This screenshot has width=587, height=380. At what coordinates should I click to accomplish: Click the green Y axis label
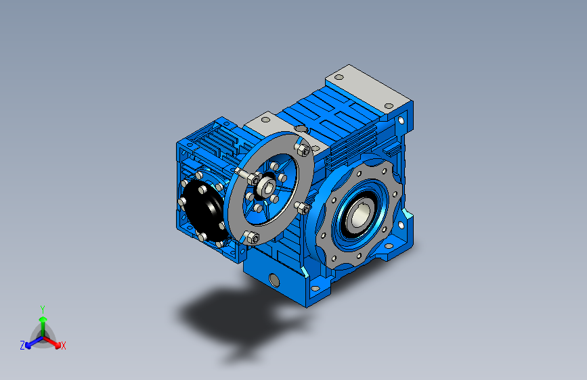click(x=43, y=310)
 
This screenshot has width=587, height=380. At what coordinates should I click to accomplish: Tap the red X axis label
click(x=63, y=346)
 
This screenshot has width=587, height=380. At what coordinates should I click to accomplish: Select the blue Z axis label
click(x=22, y=346)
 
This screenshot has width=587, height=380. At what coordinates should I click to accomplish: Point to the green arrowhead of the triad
click(x=43, y=319)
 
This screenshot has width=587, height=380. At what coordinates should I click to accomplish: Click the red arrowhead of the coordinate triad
click(x=58, y=345)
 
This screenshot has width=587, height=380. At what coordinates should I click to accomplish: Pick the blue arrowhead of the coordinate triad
click(x=28, y=346)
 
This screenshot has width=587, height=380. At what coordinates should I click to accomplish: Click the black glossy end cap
click(x=204, y=210)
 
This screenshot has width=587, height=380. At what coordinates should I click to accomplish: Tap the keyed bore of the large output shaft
click(x=360, y=215)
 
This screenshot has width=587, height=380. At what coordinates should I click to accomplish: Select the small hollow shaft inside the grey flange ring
click(x=267, y=186)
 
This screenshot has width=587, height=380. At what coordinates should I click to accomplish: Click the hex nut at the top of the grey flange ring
click(x=303, y=150)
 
